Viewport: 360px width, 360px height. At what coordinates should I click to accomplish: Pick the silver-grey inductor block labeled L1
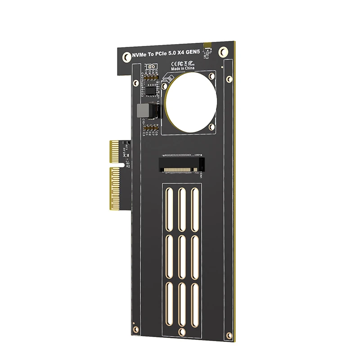click(x=142, y=110)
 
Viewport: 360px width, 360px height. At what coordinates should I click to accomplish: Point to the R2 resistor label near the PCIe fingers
click(x=127, y=166)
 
